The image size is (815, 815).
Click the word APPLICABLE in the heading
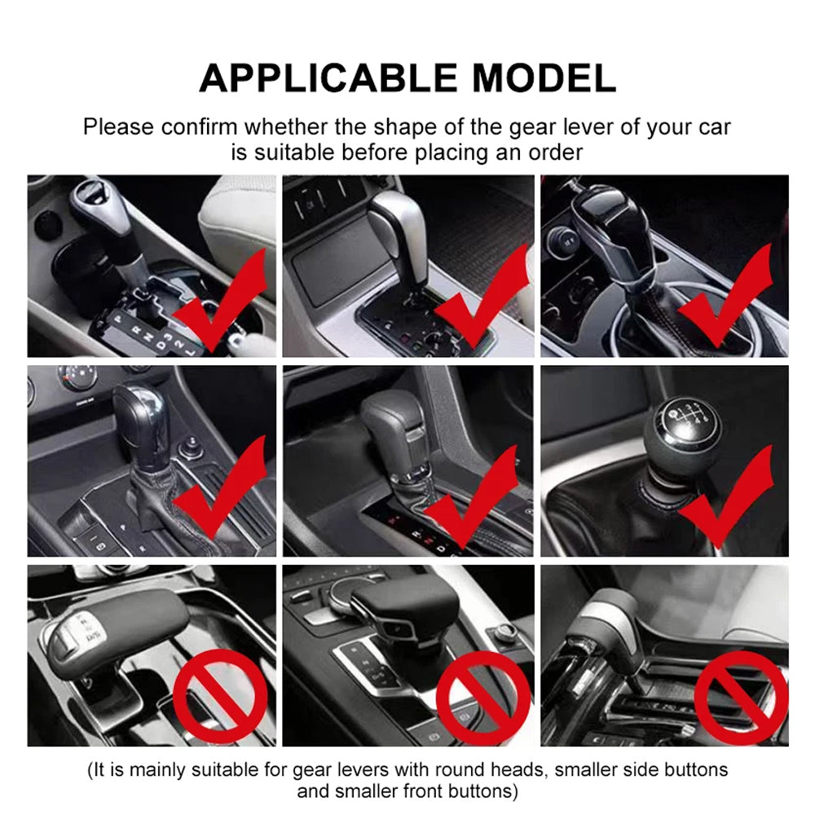(x=328, y=78)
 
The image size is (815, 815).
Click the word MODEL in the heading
(x=544, y=78)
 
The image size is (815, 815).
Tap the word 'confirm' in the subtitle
(x=199, y=127)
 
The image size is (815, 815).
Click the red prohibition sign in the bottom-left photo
(x=220, y=695)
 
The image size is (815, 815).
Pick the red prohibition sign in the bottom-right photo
(x=742, y=697)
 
